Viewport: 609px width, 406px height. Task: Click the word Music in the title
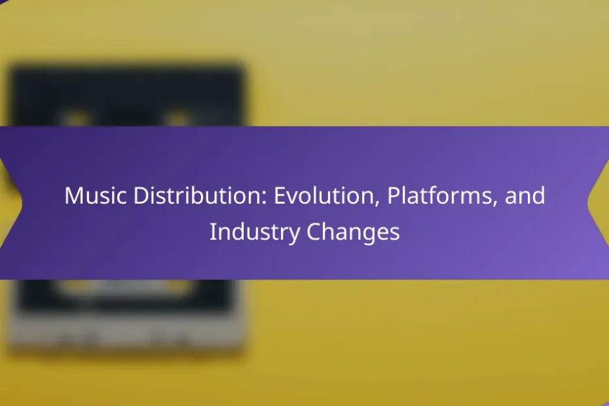(x=96, y=195)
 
